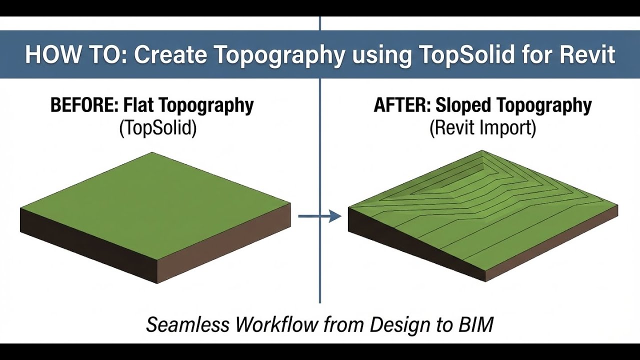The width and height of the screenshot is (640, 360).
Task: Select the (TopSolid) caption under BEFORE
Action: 158,128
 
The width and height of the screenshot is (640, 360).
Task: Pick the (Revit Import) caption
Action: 482,128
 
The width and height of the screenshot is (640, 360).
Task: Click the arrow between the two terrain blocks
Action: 319,216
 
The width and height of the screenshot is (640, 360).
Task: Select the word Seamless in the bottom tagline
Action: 187,325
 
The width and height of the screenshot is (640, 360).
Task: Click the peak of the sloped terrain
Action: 481,151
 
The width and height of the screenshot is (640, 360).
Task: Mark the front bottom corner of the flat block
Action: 158,283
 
